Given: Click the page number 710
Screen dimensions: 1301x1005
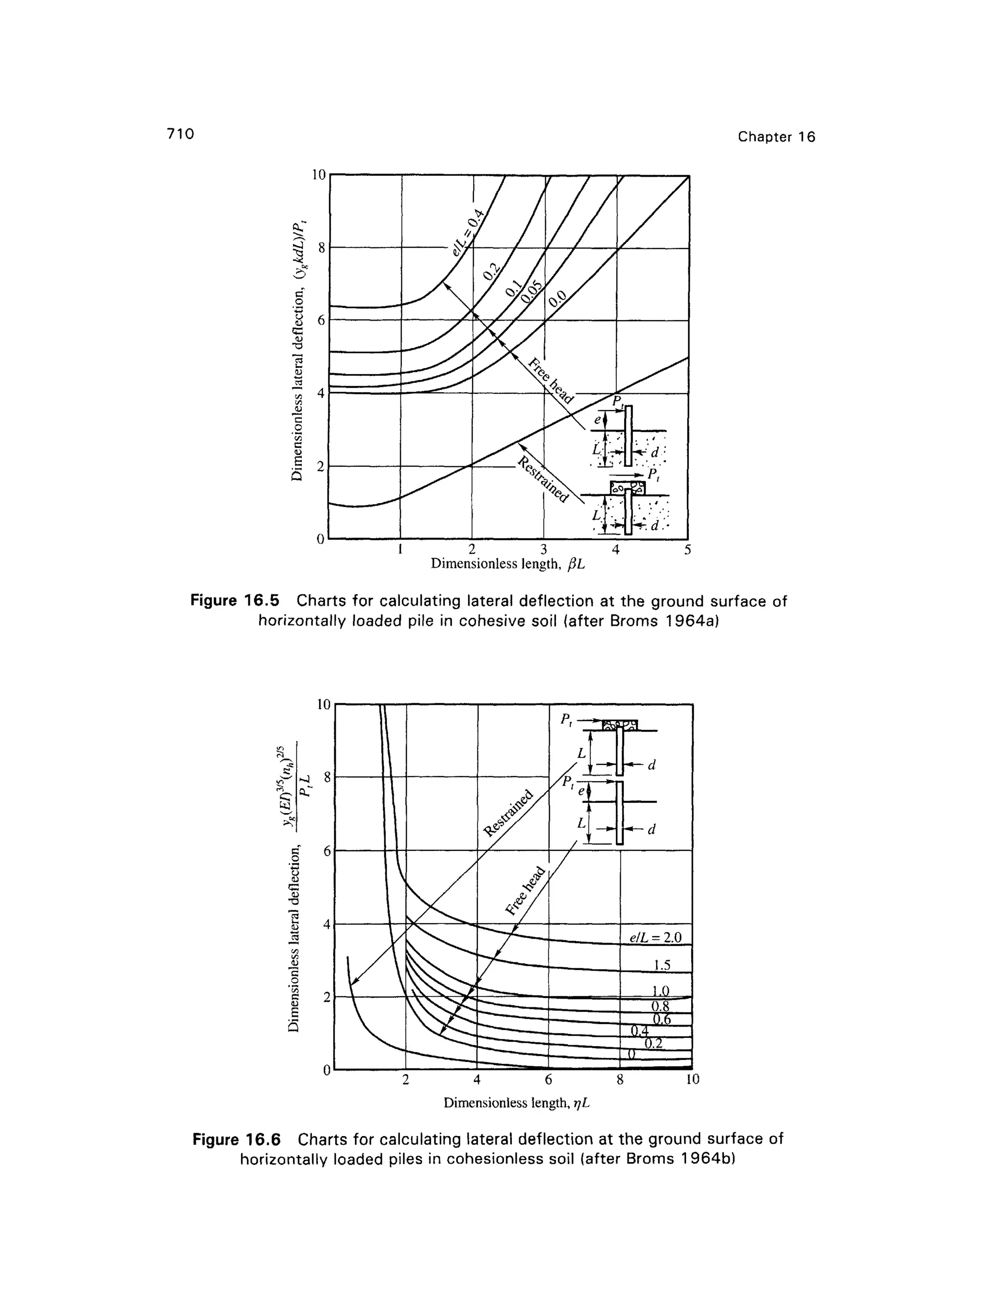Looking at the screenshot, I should [x=181, y=134].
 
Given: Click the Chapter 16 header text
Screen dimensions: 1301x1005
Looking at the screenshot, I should [x=776, y=137].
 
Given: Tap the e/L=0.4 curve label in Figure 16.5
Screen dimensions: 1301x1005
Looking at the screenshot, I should [x=470, y=229].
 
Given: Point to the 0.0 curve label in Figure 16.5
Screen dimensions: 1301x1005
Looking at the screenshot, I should [x=558, y=296].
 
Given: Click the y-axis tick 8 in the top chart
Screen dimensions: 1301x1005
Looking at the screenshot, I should [x=321, y=248].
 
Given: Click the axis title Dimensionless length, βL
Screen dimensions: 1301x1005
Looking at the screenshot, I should [x=508, y=564].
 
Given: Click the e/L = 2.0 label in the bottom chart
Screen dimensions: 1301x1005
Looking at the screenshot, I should [x=654, y=937].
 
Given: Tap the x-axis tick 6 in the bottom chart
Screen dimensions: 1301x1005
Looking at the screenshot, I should [x=548, y=1079].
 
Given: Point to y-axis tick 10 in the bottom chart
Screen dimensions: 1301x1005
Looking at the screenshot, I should [x=322, y=704].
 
